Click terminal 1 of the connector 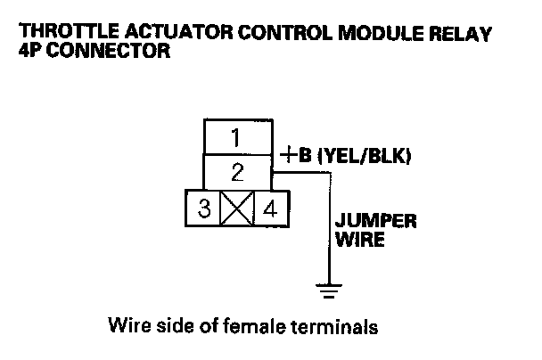coord(235,138)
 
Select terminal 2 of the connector coord(237,171)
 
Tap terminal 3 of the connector coord(204,210)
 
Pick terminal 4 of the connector coord(268,210)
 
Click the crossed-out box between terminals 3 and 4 coord(236,210)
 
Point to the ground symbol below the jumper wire coord(328,290)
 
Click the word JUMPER coord(374,221)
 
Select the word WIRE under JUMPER coord(360,241)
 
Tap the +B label coord(296,157)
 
